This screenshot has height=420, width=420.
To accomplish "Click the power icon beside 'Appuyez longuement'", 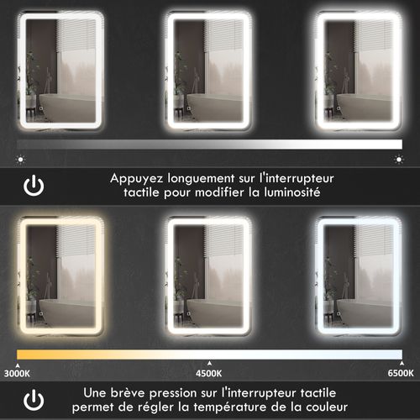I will coord(34,186).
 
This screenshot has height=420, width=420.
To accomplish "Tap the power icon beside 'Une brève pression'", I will coord(34,398).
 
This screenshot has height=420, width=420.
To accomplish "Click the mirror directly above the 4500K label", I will coord(209,275).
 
